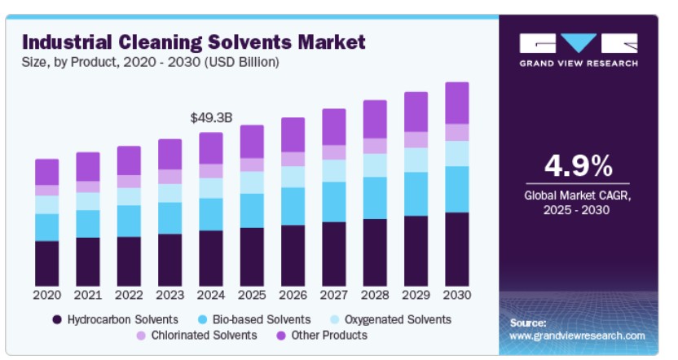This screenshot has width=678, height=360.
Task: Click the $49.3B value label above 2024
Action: click(211, 118)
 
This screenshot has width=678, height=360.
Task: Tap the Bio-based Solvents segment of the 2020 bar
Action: click(47, 227)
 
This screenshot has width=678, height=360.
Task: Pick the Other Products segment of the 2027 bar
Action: click(334, 127)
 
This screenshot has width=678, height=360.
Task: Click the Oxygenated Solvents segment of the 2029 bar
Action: click(416, 160)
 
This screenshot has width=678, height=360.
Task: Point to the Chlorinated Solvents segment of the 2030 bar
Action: click(457, 132)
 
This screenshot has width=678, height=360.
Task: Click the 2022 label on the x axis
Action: click(129, 293)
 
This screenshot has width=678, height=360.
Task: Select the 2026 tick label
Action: click(293, 293)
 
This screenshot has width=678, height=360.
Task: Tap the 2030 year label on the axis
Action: click(457, 293)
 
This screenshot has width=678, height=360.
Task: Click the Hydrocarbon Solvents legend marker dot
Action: click(57, 319)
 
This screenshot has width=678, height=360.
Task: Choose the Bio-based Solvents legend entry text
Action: click(261, 319)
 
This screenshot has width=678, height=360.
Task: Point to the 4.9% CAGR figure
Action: click(578, 166)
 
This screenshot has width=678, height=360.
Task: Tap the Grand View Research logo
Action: click(578, 49)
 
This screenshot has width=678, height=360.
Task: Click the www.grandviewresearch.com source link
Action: click(577, 336)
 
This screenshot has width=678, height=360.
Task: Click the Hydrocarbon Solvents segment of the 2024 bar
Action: click(211, 257)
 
